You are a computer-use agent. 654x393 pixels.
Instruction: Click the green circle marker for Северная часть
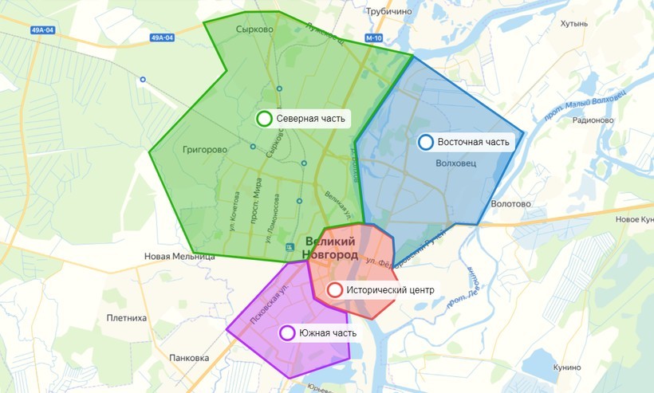click(x=264, y=119)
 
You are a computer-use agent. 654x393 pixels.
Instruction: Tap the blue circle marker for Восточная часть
click(x=426, y=142)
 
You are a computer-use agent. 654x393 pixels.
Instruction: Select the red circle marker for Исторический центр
click(x=335, y=290)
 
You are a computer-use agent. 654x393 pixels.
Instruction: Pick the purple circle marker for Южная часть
click(x=286, y=333)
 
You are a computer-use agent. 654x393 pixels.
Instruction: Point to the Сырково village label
click(x=254, y=29)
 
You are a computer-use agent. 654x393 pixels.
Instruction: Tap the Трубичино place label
click(x=388, y=12)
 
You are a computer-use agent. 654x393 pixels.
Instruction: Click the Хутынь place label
click(x=574, y=24)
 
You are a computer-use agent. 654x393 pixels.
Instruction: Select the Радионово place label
click(x=593, y=120)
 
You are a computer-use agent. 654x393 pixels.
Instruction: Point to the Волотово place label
click(x=511, y=204)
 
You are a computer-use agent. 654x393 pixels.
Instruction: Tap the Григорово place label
click(x=205, y=149)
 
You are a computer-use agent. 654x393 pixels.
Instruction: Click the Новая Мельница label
click(x=179, y=257)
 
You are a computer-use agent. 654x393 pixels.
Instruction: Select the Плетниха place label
click(x=127, y=318)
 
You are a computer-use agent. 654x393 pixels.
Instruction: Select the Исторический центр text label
click(x=391, y=290)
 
